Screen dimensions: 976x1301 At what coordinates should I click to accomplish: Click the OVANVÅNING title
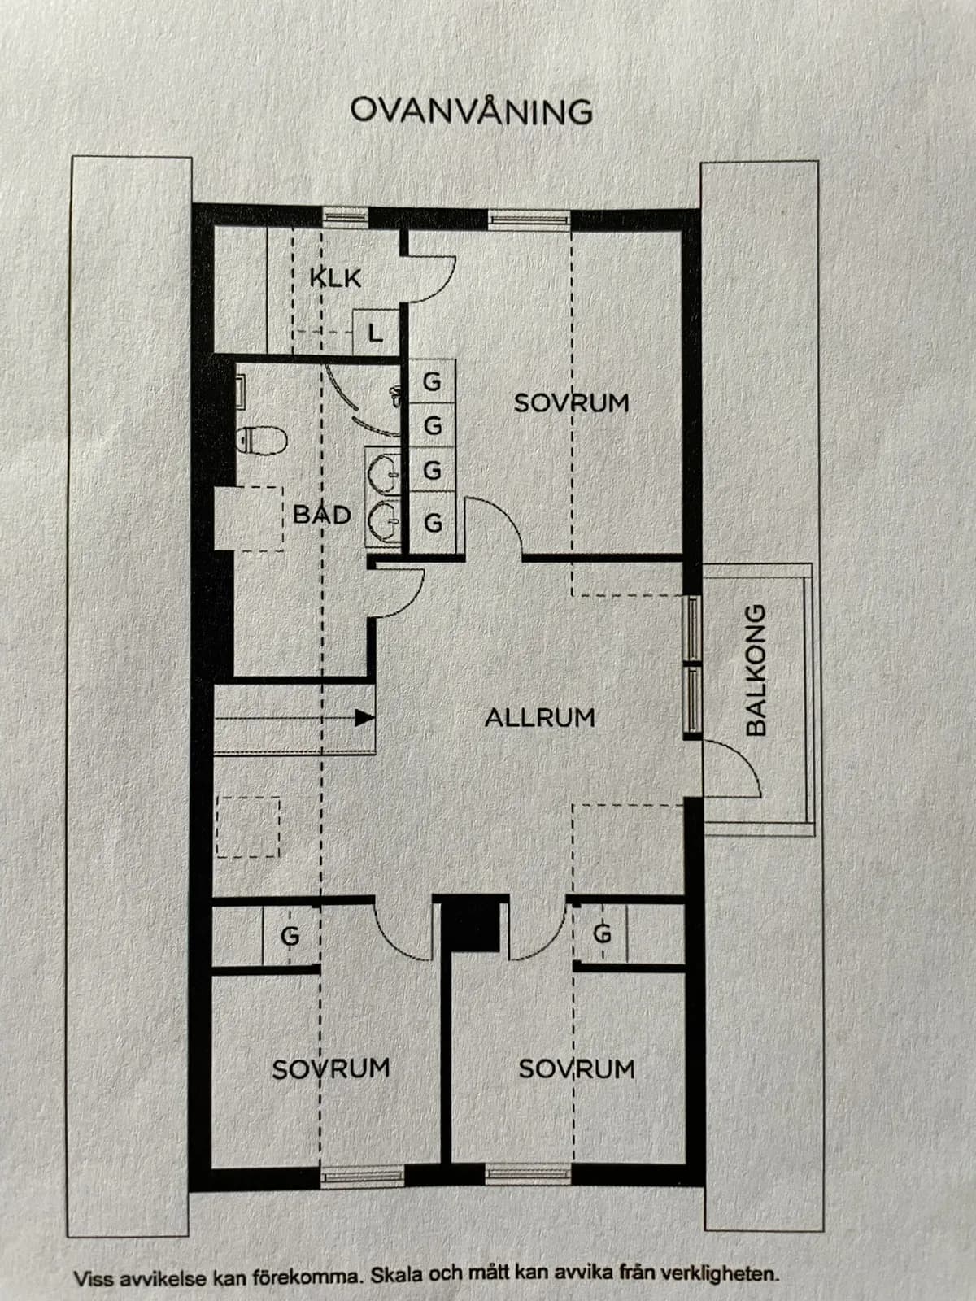tap(471, 111)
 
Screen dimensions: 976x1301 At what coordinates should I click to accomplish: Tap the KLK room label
tap(335, 278)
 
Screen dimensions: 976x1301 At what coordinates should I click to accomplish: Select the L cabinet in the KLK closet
tap(376, 333)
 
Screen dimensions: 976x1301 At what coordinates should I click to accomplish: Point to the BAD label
tap(322, 515)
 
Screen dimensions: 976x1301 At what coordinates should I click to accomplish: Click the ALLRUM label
tap(540, 718)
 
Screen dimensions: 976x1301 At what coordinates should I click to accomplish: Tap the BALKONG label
tap(756, 670)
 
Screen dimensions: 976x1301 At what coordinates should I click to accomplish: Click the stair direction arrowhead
tap(364, 718)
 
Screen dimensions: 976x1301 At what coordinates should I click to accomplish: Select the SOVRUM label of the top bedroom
tap(571, 403)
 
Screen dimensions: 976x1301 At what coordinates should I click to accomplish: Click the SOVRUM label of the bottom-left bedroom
tap(331, 1068)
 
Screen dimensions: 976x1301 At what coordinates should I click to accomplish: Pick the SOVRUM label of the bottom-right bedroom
tap(577, 1068)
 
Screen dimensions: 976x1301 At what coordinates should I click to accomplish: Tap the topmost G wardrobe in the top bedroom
tap(432, 381)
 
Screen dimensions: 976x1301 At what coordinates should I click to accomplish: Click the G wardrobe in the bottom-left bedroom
tap(290, 936)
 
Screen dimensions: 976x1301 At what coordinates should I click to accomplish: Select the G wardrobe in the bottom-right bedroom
tap(602, 934)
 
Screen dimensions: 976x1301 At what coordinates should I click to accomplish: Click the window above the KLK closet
tap(345, 217)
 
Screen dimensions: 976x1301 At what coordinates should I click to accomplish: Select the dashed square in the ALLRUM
tap(248, 828)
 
